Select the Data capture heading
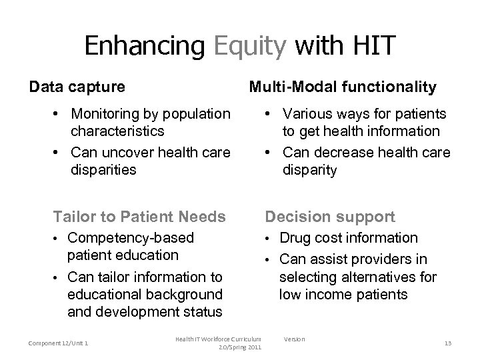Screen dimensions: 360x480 pos(76,87)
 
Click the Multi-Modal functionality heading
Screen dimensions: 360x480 pos(343,87)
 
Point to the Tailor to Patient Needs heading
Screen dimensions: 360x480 pos(139,217)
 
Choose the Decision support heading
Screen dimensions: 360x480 pos(330,217)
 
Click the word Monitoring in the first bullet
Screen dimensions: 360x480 pos(106,114)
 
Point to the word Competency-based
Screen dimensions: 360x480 pos(131,238)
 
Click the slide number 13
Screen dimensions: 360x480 pos(447,343)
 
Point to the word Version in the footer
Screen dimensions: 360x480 pos(294,339)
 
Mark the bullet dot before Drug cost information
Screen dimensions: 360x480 pos(270,239)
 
